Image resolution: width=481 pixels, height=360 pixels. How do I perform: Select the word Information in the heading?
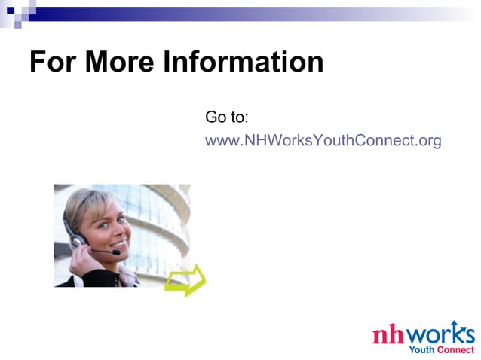point(244,62)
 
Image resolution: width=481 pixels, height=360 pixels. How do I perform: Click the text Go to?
point(227,117)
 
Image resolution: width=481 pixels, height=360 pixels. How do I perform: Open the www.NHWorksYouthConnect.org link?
point(323,141)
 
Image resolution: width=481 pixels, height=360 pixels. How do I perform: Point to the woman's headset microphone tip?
point(117,252)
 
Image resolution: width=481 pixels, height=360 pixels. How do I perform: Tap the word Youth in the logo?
point(421,349)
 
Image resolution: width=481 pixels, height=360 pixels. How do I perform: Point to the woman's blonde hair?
point(83,203)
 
